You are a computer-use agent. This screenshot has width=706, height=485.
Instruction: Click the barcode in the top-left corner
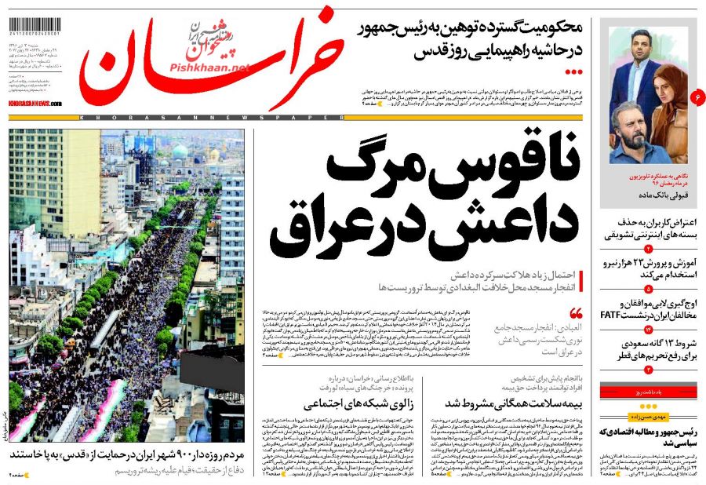click(33, 23)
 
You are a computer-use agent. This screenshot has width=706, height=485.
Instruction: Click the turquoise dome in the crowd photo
click(180, 151)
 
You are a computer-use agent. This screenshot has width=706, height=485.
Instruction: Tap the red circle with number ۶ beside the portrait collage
click(696, 97)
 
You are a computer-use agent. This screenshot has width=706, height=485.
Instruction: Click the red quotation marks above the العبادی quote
click(577, 312)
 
